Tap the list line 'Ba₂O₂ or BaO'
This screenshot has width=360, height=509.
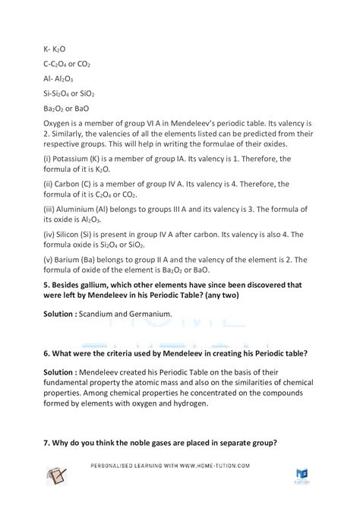(x=68, y=107)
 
